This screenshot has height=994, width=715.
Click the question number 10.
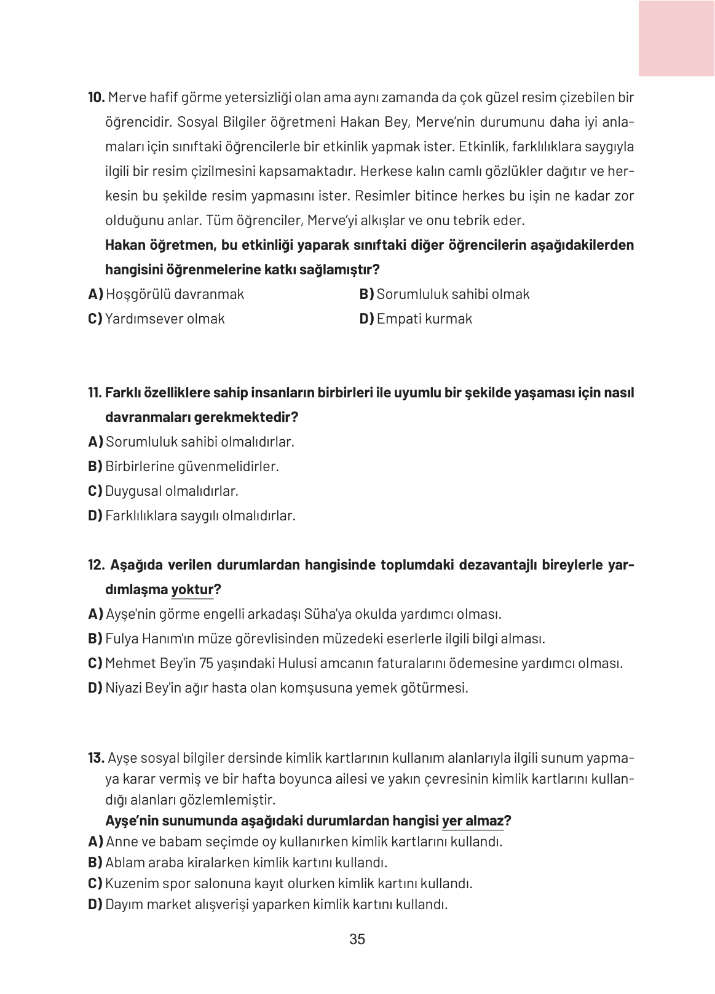(97, 98)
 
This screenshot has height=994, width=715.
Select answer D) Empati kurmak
(416, 319)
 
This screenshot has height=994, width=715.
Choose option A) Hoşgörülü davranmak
(166, 295)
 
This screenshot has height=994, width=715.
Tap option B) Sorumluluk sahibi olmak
(444, 295)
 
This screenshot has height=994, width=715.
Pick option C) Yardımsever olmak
(156, 319)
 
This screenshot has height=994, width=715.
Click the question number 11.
(95, 393)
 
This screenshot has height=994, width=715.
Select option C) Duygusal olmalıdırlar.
(163, 491)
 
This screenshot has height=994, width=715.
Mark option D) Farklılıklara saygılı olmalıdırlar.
(191, 516)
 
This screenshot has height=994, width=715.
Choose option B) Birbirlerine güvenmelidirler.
(183, 467)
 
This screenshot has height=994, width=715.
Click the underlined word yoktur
(192, 590)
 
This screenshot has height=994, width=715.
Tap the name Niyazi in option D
(124, 688)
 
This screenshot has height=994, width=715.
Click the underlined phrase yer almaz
(472, 821)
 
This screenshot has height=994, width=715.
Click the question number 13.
(96, 758)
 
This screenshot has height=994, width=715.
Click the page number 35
(357, 940)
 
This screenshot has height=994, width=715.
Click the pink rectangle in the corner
(676, 38)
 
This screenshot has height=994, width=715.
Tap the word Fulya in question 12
(122, 639)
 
